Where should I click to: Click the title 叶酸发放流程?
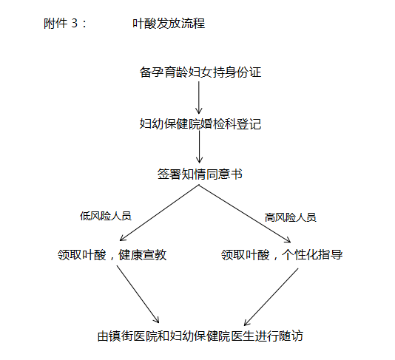(x=169, y=24)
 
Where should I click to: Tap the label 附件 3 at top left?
(x=61, y=24)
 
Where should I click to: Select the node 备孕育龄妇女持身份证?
(x=200, y=72)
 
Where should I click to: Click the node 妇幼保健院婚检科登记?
(x=200, y=124)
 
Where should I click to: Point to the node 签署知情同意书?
(x=200, y=174)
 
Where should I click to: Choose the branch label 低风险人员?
(x=106, y=216)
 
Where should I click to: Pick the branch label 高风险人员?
(x=290, y=217)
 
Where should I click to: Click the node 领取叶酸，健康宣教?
(x=112, y=255)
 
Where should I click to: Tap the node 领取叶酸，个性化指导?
(x=282, y=255)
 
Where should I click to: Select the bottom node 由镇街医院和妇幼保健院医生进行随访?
(x=200, y=336)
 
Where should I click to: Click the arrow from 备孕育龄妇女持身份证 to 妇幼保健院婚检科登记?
(x=199, y=98)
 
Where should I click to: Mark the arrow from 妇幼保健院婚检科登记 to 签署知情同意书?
(x=199, y=146)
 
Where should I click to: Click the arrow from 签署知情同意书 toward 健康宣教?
(x=159, y=213)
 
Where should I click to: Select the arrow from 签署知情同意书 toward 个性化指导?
(x=245, y=214)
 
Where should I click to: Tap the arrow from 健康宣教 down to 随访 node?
(x=138, y=294)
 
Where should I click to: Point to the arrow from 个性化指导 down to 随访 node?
(x=271, y=297)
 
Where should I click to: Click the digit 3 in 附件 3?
(x=75, y=24)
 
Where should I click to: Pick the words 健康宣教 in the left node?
(x=142, y=255)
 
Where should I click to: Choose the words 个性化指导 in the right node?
(x=312, y=255)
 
